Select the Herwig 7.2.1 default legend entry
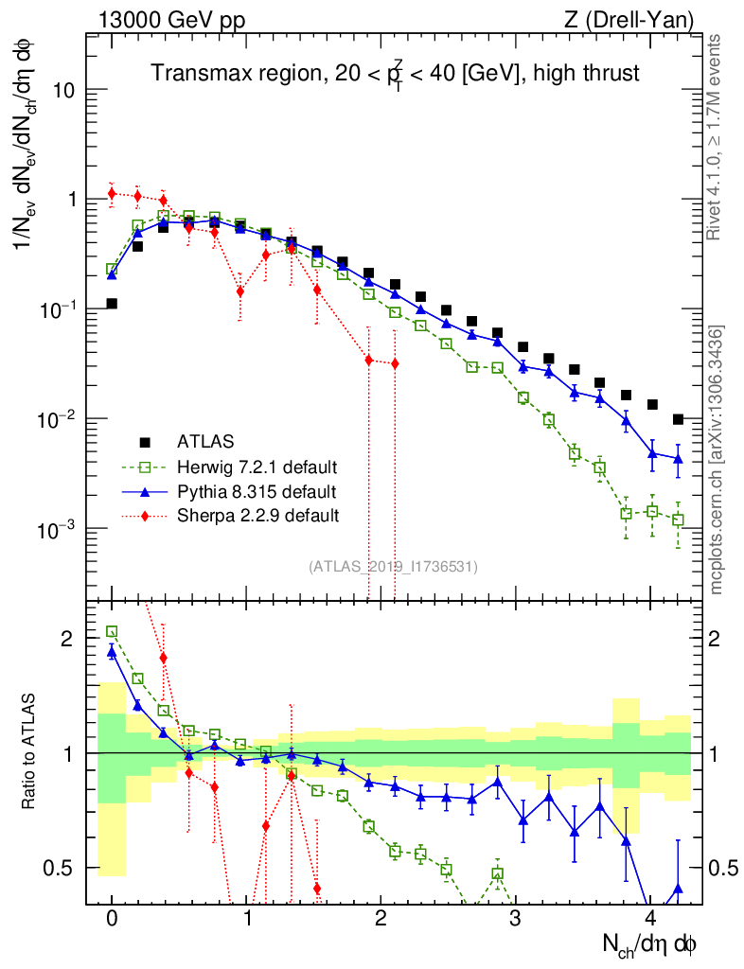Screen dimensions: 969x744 click(257, 467)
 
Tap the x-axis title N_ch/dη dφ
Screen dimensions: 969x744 click(653, 944)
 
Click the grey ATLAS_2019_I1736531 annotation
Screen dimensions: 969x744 click(393, 567)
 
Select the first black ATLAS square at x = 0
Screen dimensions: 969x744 click(112, 304)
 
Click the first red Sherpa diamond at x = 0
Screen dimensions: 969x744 click(112, 194)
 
